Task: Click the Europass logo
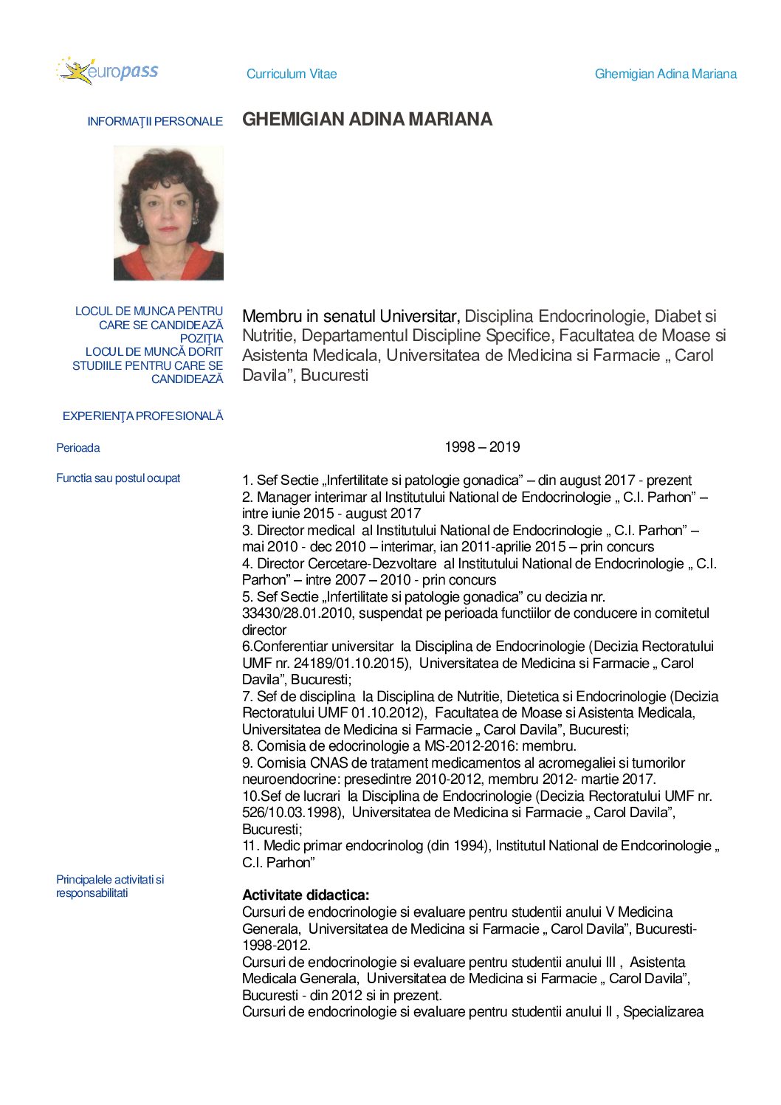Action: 107,71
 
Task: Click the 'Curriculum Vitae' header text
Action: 292,74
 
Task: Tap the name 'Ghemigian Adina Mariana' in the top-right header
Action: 665,74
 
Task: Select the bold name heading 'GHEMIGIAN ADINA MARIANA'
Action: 367,120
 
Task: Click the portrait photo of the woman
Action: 168,213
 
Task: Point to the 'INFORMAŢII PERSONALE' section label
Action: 155,122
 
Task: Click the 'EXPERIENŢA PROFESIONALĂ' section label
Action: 142,416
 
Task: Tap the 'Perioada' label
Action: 78,448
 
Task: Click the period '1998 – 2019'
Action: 482,447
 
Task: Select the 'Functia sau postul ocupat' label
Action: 118,478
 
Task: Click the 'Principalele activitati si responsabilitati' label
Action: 110,887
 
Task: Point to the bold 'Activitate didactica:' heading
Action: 306,895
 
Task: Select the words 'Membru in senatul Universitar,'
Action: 351,317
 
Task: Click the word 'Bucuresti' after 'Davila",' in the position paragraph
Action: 334,375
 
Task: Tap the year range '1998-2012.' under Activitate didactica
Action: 276,946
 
